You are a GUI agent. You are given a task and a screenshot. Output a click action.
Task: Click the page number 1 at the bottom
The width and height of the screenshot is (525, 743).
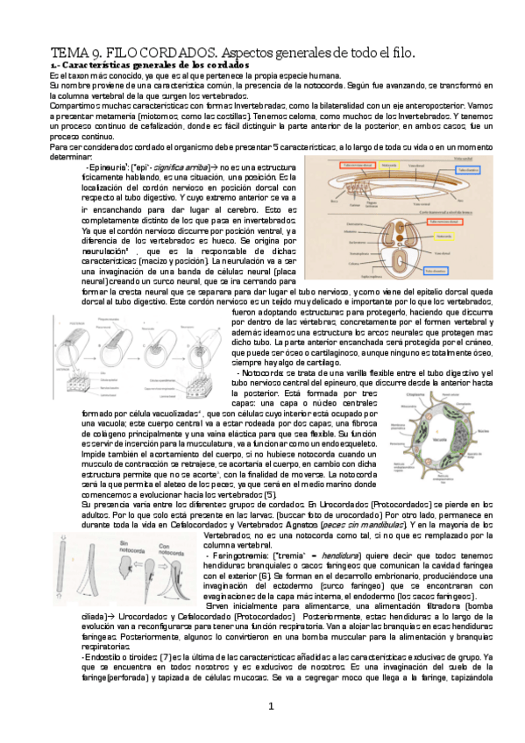coord(271,706)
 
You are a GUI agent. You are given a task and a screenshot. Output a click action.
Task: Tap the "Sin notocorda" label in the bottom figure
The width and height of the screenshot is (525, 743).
coord(129,547)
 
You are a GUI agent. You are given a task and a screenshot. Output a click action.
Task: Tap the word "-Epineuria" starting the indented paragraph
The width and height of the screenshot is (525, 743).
coord(105,166)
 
